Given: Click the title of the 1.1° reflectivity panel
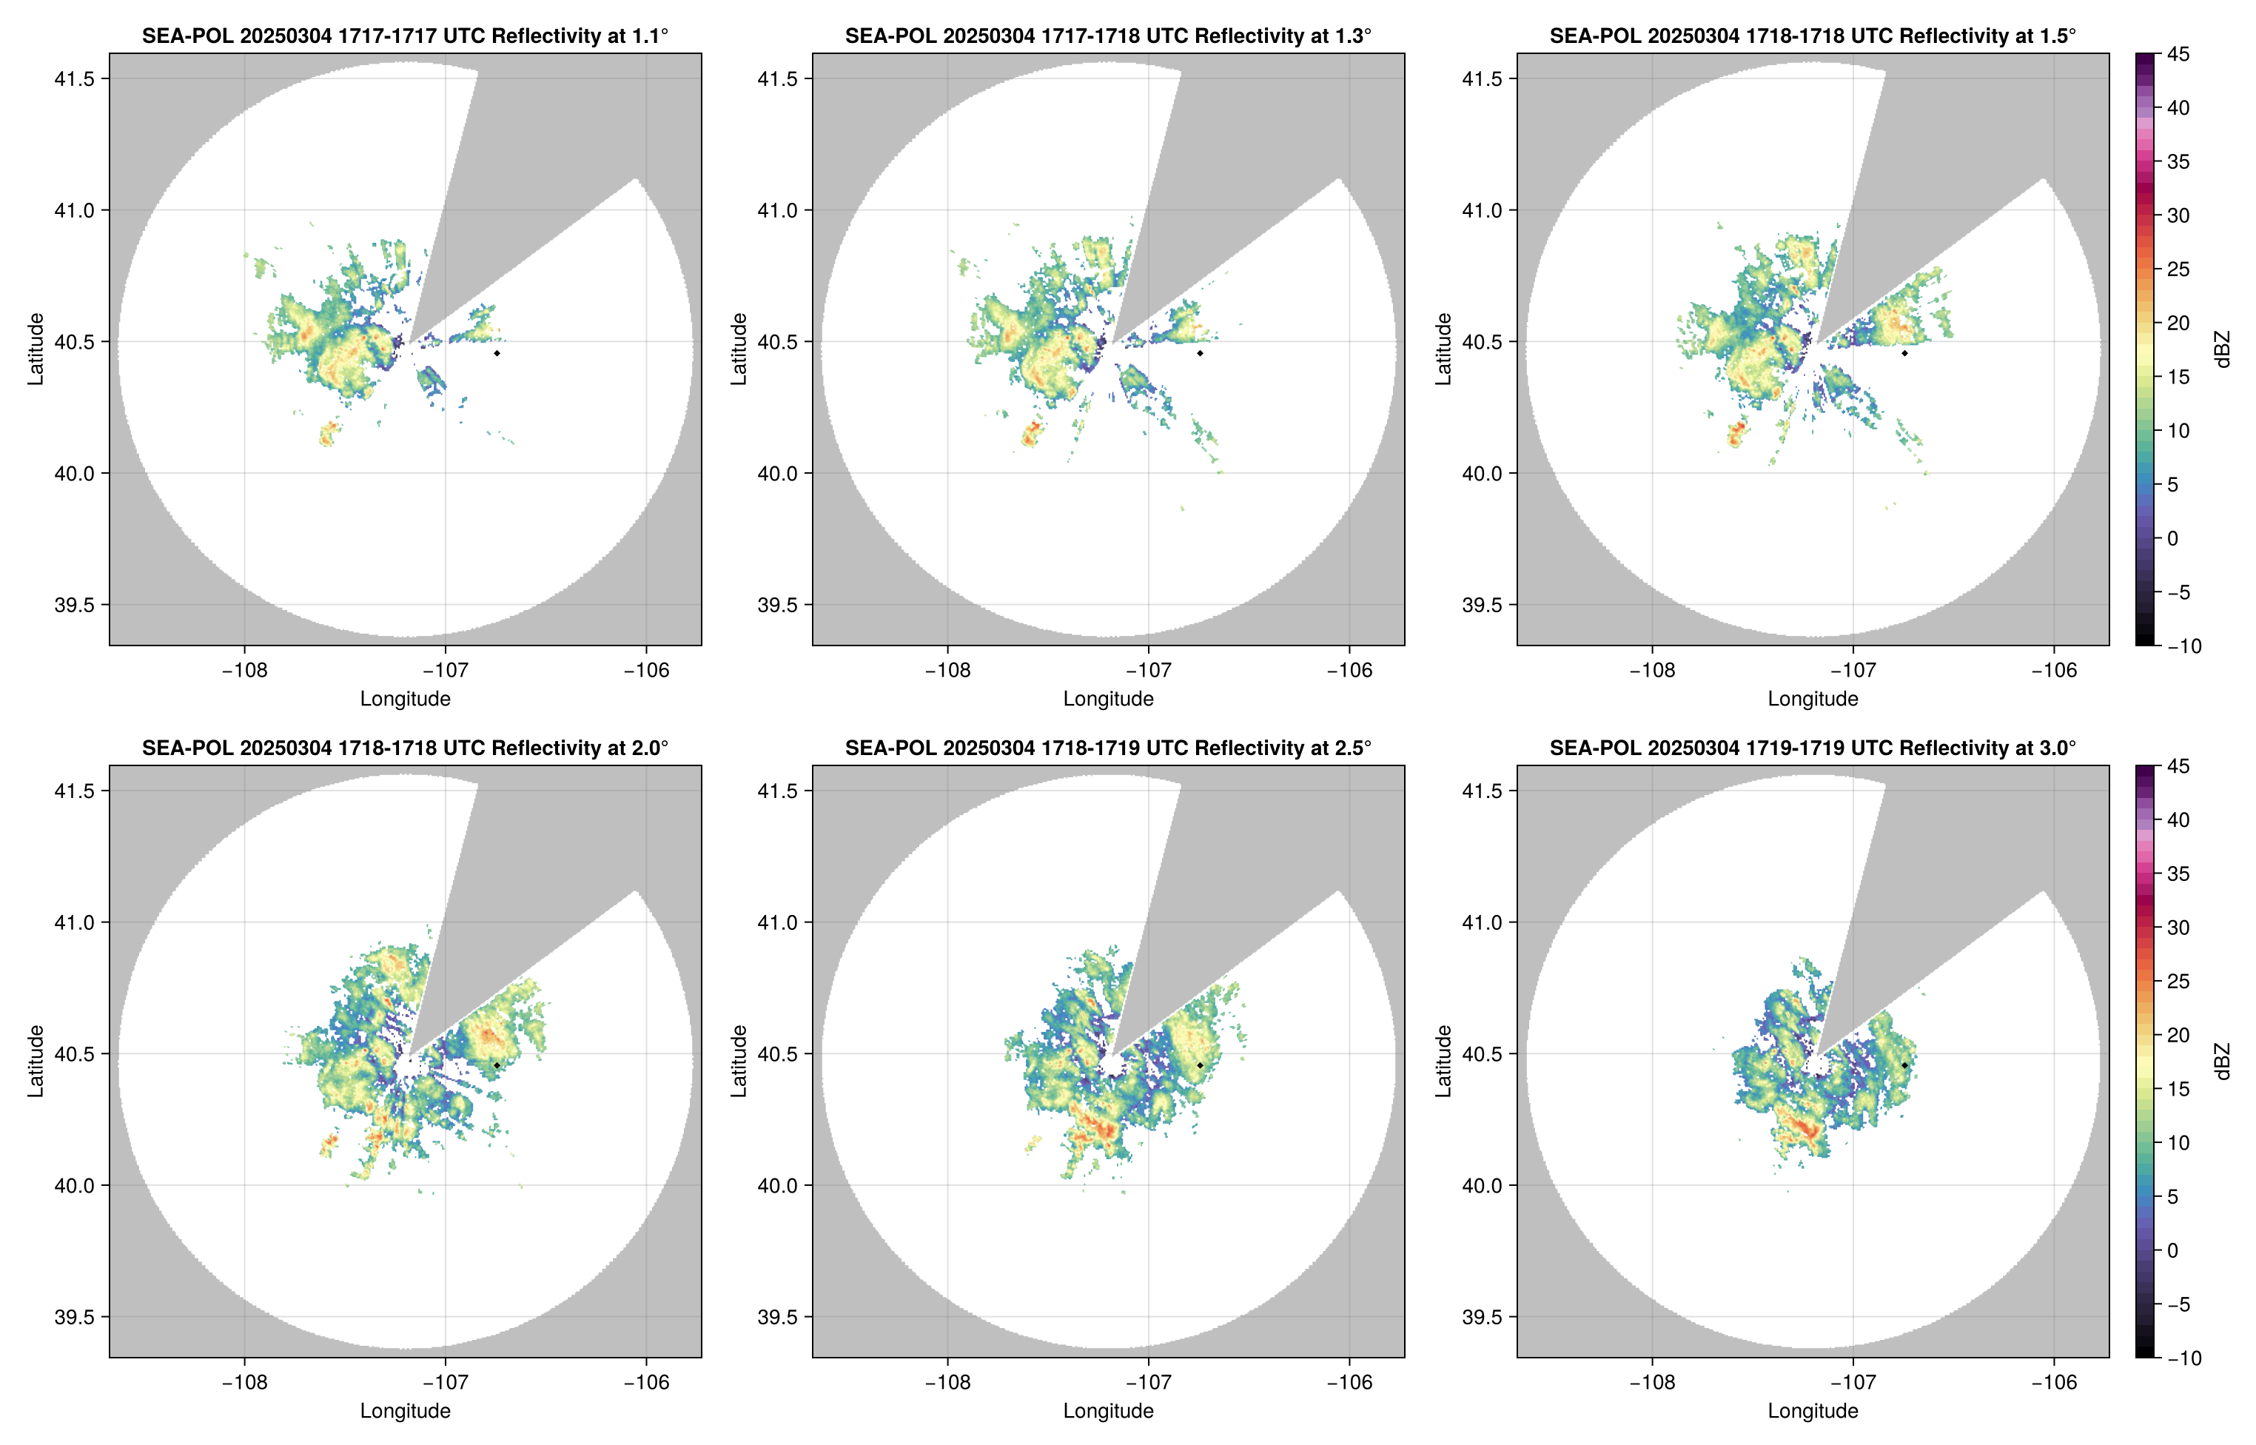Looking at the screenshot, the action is point(405,36).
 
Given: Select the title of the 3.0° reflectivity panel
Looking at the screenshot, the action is point(1813,748).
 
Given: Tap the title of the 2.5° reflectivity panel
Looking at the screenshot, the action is point(1108,748).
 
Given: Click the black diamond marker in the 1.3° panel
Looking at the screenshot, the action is point(1200,353).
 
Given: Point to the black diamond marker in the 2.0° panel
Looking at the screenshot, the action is point(496,1065).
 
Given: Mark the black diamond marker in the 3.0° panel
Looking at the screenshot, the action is point(1904,1065).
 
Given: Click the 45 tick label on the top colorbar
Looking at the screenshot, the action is point(2178,55).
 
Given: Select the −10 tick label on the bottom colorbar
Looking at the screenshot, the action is point(2183,1358).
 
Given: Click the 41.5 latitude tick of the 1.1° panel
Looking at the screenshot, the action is point(75,78).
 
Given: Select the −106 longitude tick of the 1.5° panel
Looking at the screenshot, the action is point(2053,670).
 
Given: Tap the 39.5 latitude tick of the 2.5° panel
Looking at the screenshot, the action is point(779,1316).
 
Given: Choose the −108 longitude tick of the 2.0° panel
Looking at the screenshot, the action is point(245,1382).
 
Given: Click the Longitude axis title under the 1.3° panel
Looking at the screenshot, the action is point(1108,698).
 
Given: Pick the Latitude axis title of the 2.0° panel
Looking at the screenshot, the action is point(36,1062).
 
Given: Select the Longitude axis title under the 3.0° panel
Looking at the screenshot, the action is point(1813,1410).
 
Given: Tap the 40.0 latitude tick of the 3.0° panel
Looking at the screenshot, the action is point(1483,1185).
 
